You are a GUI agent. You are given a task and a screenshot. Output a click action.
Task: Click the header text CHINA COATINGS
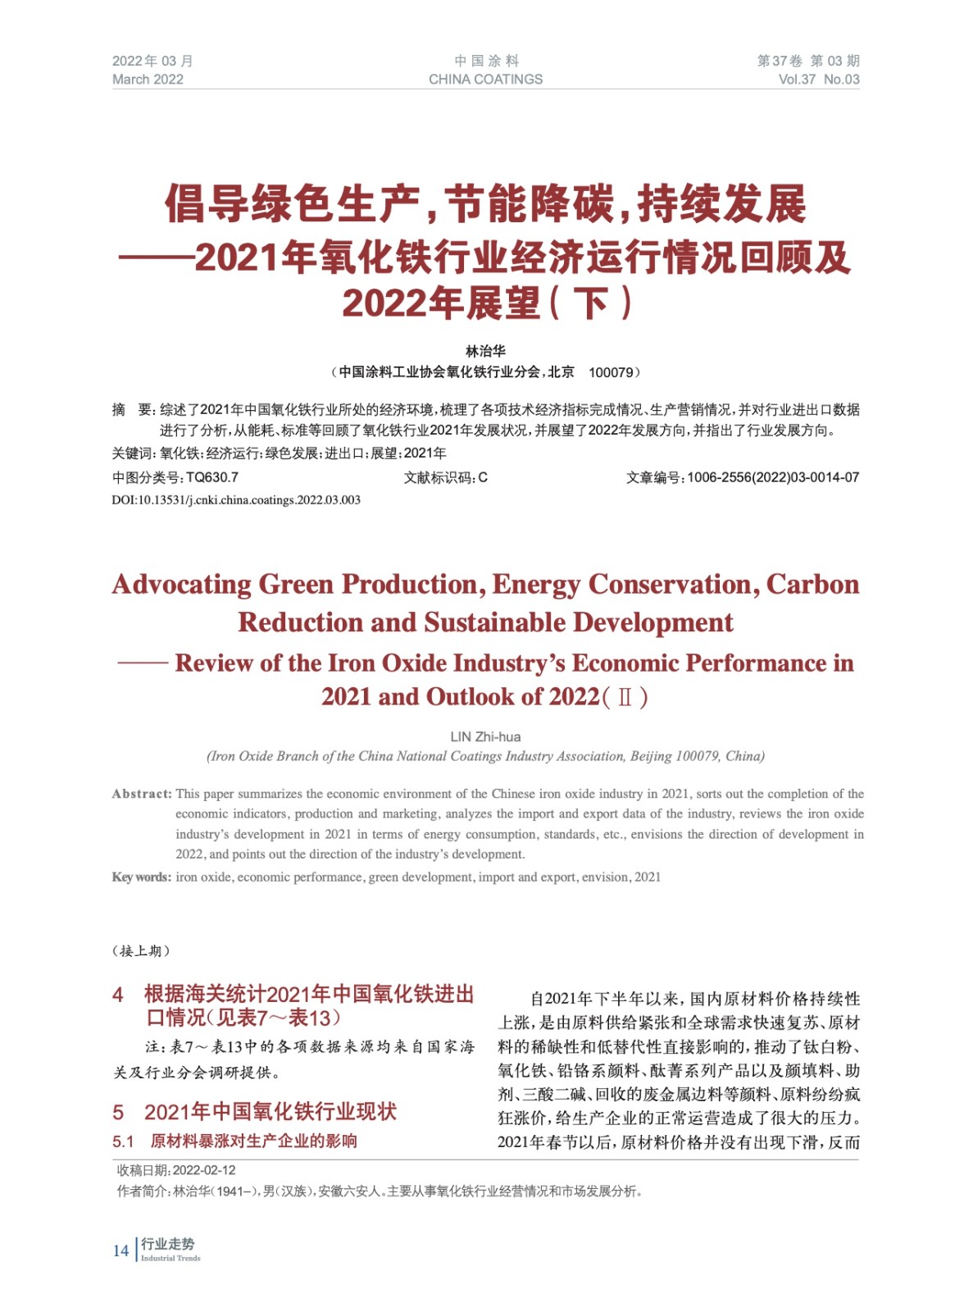[485, 80]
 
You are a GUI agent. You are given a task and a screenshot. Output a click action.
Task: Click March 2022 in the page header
[148, 80]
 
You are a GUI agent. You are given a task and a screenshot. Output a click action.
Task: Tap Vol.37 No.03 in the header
[818, 80]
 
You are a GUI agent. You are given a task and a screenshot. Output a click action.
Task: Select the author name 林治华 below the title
[485, 351]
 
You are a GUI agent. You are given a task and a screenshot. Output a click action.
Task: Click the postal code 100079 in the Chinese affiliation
[611, 372]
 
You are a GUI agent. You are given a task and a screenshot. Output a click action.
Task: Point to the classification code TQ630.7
[212, 477]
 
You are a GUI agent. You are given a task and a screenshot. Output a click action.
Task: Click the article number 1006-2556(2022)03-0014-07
[773, 477]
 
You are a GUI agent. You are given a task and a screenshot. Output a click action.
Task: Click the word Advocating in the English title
[182, 585]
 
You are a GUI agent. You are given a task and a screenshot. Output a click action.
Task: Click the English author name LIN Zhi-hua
[485, 736]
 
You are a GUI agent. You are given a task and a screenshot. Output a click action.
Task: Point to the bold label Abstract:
[142, 794]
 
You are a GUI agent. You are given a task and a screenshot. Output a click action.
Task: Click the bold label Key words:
[141, 877]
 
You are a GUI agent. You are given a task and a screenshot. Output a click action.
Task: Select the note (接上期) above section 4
[141, 951]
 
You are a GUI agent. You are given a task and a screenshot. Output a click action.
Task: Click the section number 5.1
[123, 1141]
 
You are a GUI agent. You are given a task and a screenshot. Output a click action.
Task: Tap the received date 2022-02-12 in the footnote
[204, 1170]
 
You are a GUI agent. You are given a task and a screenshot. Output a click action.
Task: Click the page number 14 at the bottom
[120, 1250]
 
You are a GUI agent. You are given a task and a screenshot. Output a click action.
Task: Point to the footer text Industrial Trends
[171, 1259]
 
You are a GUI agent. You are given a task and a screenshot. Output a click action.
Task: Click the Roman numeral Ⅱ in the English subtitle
[625, 698]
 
